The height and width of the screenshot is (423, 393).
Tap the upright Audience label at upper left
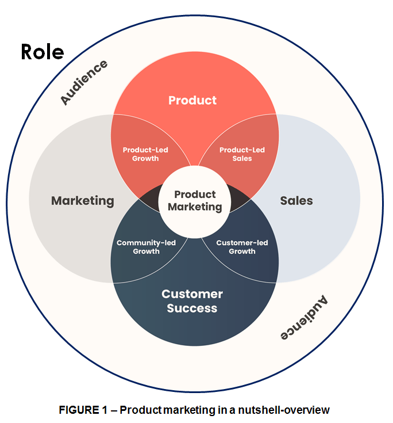tap(84, 82)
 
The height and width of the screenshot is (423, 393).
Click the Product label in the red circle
tap(192, 100)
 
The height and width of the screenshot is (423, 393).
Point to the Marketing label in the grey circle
tap(83, 201)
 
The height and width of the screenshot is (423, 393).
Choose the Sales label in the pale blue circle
tap(296, 201)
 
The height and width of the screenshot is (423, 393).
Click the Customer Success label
tap(192, 301)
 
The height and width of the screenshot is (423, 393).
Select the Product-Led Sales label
tap(242, 154)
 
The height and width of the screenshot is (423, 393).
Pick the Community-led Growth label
tap(146, 247)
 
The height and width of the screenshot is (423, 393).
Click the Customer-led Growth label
tap(242, 247)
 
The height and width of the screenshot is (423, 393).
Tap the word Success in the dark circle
tap(192, 308)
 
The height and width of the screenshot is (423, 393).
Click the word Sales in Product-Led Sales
tap(242, 158)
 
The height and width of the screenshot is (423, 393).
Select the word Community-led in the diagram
tap(146, 243)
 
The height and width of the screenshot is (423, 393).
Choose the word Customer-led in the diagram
tap(242, 243)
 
